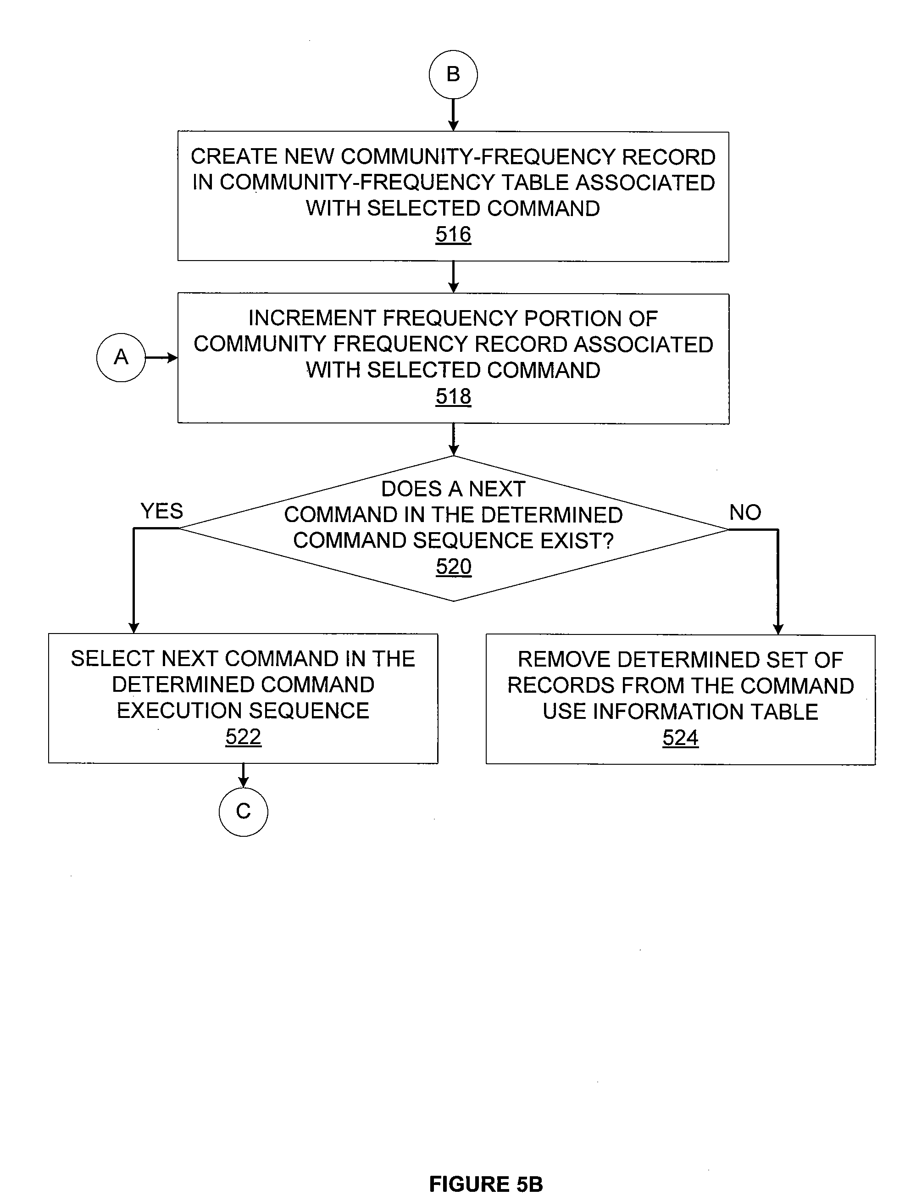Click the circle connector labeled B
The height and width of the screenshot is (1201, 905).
click(453, 74)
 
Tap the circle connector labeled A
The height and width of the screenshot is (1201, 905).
click(121, 357)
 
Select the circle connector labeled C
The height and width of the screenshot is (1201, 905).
click(243, 812)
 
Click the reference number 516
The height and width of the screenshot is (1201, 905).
click(453, 234)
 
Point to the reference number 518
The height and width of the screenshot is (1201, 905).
click(453, 396)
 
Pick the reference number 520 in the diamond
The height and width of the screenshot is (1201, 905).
click(454, 567)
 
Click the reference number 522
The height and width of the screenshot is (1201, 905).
click(243, 737)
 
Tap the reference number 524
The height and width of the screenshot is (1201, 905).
click(680, 738)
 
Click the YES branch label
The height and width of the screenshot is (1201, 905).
click(162, 511)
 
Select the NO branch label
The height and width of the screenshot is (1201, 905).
click(745, 512)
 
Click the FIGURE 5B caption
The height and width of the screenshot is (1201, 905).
click(486, 1184)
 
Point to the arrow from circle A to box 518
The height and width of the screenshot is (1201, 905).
click(162, 358)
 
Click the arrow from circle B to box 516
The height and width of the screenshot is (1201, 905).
click(453, 115)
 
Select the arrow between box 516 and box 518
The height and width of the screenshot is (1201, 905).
click(453, 278)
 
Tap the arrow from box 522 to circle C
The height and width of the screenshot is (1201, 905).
click(243, 775)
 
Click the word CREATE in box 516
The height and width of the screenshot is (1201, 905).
click(234, 157)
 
